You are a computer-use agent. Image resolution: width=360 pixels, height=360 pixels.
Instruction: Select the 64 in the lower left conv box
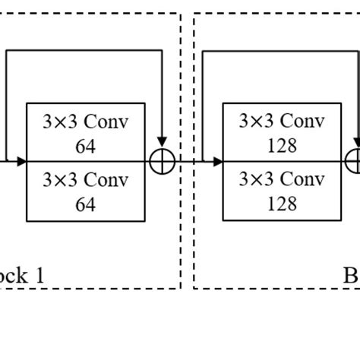point(85,203)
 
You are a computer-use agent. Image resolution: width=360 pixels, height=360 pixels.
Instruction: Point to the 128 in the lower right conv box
point(281,203)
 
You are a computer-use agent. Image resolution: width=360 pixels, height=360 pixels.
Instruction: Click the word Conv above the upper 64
point(106,122)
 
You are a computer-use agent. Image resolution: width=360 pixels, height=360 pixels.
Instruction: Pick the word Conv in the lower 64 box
point(106,181)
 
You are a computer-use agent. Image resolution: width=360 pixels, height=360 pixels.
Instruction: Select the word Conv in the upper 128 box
point(302,122)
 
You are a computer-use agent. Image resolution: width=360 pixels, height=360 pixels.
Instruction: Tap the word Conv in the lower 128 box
point(302,181)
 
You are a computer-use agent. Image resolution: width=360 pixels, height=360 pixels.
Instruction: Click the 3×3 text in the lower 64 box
point(62,181)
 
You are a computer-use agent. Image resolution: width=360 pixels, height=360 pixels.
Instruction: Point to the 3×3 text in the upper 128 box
point(257,122)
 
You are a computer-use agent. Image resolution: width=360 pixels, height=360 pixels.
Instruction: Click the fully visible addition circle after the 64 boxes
point(163,161)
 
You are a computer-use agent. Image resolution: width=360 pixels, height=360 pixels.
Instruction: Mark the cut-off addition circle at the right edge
point(354,161)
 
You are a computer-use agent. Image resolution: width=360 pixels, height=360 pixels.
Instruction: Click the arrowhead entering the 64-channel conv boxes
point(22,161)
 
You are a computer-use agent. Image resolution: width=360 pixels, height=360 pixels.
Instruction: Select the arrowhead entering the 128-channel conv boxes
point(218,161)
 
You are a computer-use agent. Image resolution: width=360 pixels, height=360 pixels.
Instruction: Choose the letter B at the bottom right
point(351,274)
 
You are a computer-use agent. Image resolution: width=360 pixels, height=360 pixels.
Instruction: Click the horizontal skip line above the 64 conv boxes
point(84,51)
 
